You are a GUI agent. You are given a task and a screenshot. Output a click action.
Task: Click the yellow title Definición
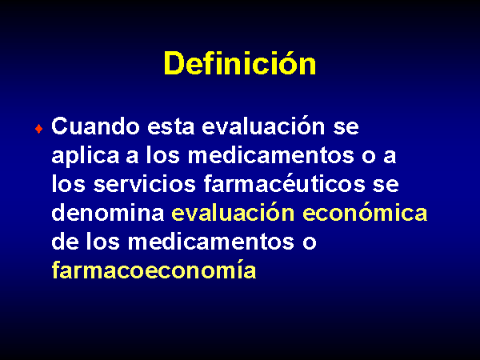coord(240,62)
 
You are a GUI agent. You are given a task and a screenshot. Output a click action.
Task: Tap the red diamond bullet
coord(38,129)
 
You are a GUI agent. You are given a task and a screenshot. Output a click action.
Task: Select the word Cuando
coord(95,126)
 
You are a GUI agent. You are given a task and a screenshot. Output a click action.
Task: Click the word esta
coord(171,126)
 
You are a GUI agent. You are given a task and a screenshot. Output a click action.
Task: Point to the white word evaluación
coord(263,126)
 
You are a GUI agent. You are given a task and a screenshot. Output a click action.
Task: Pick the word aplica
coord(86,156)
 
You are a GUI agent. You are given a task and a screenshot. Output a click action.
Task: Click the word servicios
coord(145,184)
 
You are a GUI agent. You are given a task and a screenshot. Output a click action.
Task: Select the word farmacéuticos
coord(284,183)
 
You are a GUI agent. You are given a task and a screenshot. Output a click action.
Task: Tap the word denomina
coord(108,213)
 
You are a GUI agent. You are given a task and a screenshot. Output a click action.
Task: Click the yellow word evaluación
coord(233,212)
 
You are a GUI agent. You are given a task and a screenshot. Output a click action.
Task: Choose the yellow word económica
coord(365,212)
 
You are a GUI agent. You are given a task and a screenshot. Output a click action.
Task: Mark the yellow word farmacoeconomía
coord(154,270)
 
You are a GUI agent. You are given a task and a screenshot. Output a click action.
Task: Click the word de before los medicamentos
coord(65,242)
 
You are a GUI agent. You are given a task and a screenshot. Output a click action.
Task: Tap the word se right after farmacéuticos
coord(386,185)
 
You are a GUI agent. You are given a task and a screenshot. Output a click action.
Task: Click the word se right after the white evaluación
coord(346,127)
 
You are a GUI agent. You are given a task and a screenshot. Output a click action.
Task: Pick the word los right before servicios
coord(68,183)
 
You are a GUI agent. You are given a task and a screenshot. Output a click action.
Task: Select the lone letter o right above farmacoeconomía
coord(309,242)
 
